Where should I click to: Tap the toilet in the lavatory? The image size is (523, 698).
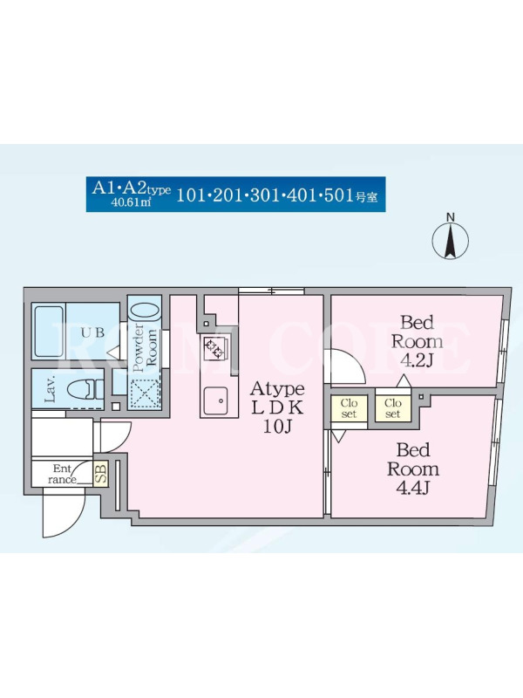click(85, 389)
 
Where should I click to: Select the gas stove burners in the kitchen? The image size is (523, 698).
click(213, 347)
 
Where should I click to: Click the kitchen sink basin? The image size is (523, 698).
click(215, 401)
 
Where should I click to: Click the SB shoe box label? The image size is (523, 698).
click(101, 473)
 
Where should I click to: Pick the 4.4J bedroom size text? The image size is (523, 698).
click(412, 489)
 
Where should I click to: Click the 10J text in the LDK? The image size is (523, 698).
click(276, 427)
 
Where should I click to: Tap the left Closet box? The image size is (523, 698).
click(349, 407)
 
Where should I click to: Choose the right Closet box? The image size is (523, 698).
click(393, 407)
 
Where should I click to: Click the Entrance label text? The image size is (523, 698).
click(62, 474)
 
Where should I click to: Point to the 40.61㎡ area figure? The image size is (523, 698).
click(132, 203)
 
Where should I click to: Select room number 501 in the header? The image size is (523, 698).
click(338, 195)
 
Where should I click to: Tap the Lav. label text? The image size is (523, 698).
click(50, 388)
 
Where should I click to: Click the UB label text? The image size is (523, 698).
click(93, 332)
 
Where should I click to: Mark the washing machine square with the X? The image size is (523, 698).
click(143, 394)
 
